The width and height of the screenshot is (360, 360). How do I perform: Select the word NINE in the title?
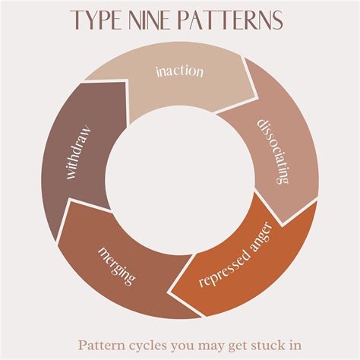tap(147, 20)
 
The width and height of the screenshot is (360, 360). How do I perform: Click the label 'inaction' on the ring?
tap(179, 71)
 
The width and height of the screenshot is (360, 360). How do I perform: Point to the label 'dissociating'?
tap(273, 151)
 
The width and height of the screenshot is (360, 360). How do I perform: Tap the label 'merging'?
tap(117, 266)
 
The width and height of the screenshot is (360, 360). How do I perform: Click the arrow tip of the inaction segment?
tap(257, 97)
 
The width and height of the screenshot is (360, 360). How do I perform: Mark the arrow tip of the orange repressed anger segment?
tap(170, 293)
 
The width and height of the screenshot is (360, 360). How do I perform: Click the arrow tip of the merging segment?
tap(69, 199)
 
